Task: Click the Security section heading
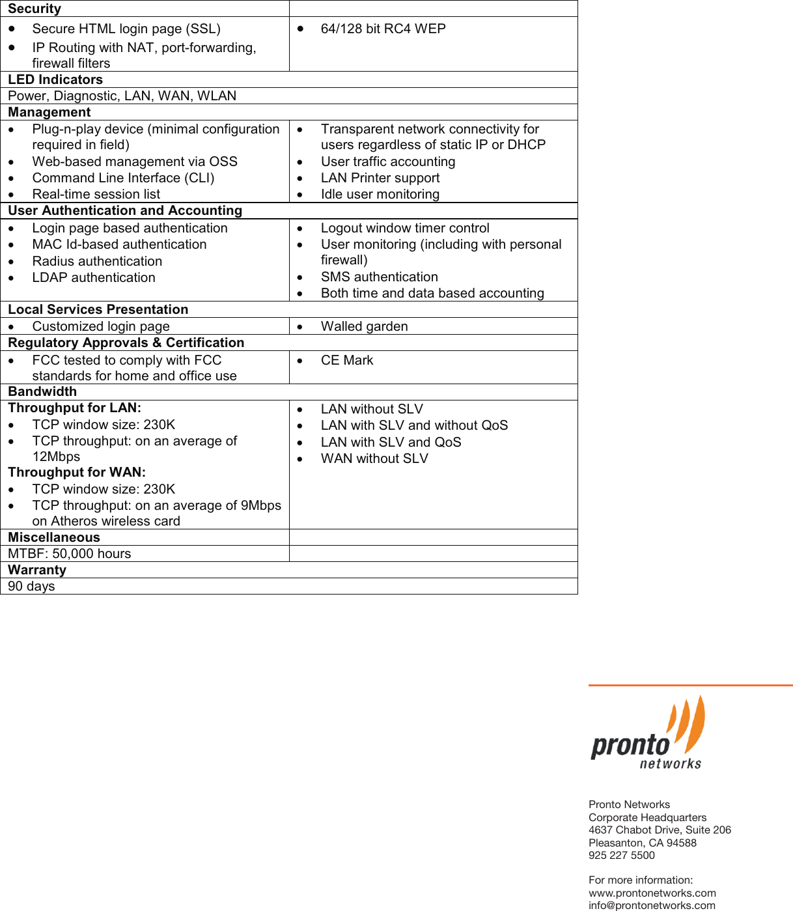tap(35, 8)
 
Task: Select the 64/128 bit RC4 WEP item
tap(383, 29)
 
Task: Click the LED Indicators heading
tap(55, 79)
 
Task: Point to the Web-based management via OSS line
tap(135, 161)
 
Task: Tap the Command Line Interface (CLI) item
tap(123, 178)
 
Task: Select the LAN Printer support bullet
tap(380, 178)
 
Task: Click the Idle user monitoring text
tap(380, 194)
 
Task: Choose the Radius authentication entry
tap(97, 261)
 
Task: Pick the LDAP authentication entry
tap(94, 277)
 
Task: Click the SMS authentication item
tap(379, 277)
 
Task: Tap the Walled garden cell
tap(364, 326)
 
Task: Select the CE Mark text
tap(346, 360)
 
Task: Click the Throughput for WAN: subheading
tap(77, 472)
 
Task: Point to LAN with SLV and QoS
tap(391, 442)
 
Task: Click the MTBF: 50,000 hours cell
tap(70, 554)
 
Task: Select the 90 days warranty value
tap(31, 586)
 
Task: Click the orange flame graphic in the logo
tap(689, 723)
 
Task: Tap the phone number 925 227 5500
tap(621, 855)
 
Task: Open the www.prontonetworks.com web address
tap(652, 893)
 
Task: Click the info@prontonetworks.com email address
tap(651, 905)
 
